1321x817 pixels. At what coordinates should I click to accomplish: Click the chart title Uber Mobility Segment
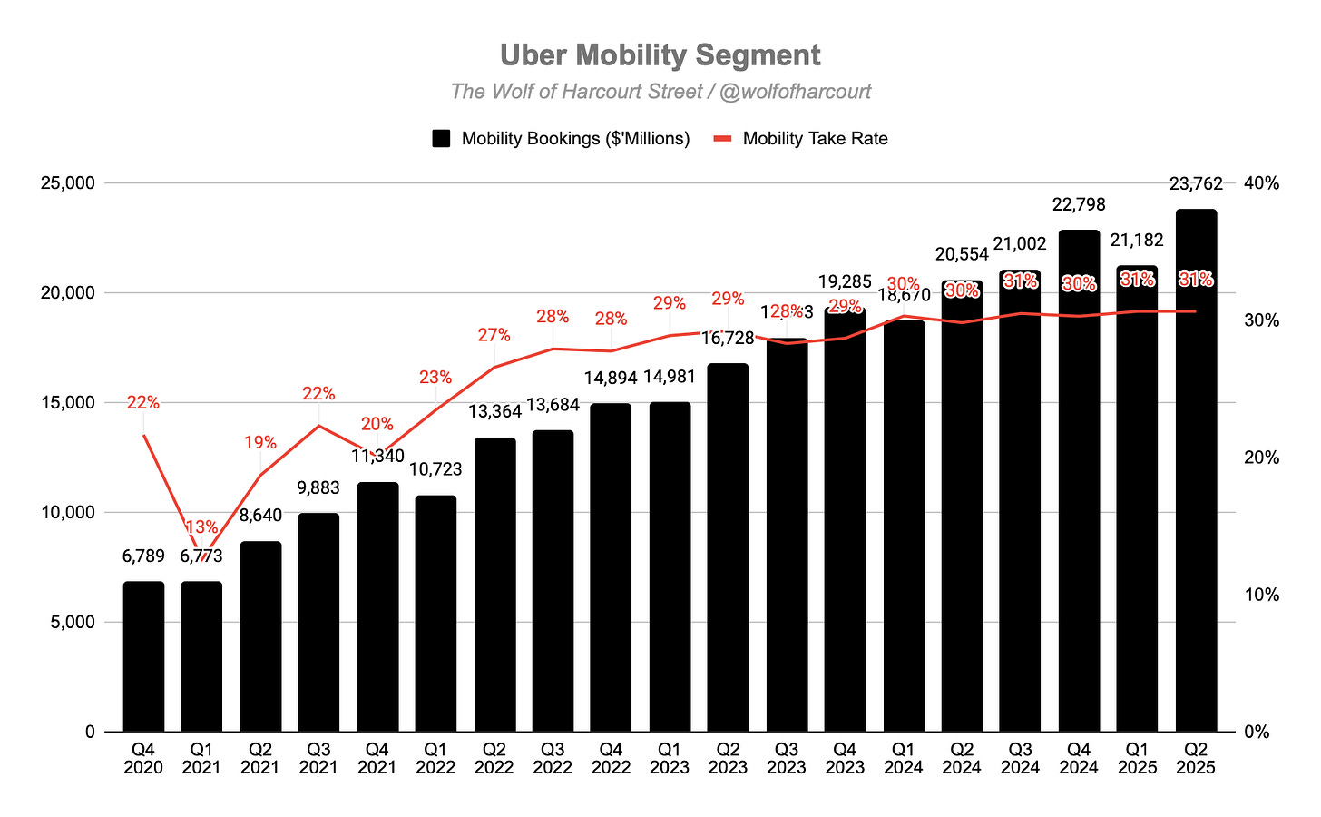pos(660,55)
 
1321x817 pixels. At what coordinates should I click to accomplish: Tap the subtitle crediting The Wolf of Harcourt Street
pos(660,92)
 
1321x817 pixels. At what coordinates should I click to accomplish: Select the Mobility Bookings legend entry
pos(562,139)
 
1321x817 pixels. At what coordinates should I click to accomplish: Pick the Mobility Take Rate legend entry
pos(801,139)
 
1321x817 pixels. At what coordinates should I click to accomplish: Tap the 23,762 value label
pos(1196,184)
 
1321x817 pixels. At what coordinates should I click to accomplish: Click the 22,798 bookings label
pos(1079,205)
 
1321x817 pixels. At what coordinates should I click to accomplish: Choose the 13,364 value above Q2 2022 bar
pos(494,412)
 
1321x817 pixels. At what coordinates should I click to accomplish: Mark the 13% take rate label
pos(201,527)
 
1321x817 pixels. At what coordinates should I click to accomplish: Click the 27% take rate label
pos(494,336)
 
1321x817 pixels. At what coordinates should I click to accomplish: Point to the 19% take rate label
pos(260,443)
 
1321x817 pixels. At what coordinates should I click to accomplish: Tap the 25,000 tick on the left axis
pos(69,183)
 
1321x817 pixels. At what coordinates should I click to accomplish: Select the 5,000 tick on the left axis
pos(73,622)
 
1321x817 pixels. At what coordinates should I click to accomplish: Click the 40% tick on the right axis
pos(1261,183)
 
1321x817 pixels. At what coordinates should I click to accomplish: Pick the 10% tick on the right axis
pos(1261,595)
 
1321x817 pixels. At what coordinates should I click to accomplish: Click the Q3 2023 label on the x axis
pos(787,759)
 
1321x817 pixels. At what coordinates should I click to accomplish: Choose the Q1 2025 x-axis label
pos(1137,759)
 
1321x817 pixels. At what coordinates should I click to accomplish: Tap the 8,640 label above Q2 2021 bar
pos(260,516)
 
